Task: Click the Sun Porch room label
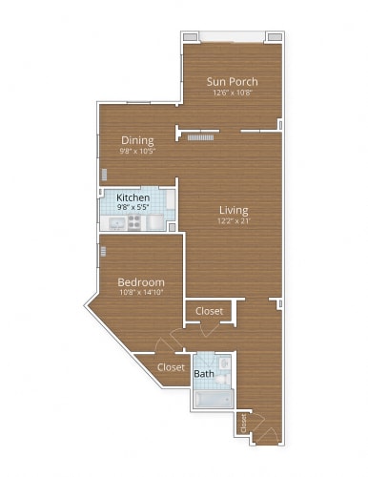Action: [233, 81]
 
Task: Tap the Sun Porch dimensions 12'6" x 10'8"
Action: [233, 93]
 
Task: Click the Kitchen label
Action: [133, 198]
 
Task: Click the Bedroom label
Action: [141, 282]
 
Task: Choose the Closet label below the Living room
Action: [209, 311]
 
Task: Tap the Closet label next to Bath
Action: [171, 367]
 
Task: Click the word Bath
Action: [204, 374]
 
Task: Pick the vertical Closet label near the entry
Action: [244, 423]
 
